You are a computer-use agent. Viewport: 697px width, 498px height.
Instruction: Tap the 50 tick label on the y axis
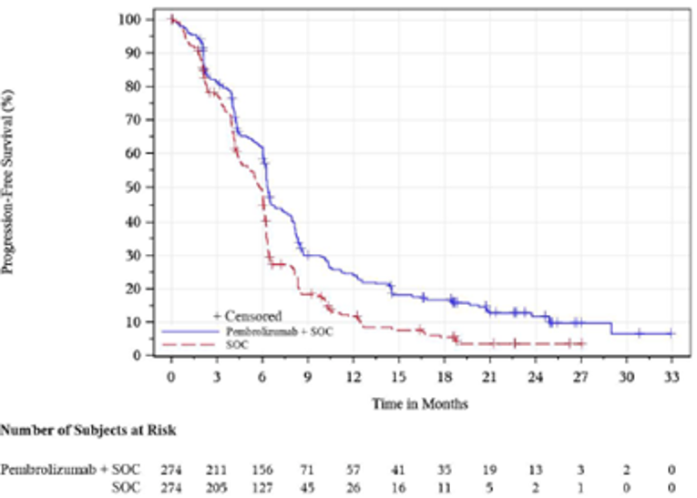[x=133, y=188]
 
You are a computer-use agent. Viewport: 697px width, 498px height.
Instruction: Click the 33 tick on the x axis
[x=671, y=375]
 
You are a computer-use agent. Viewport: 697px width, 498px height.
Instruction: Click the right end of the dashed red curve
[x=584, y=343]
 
